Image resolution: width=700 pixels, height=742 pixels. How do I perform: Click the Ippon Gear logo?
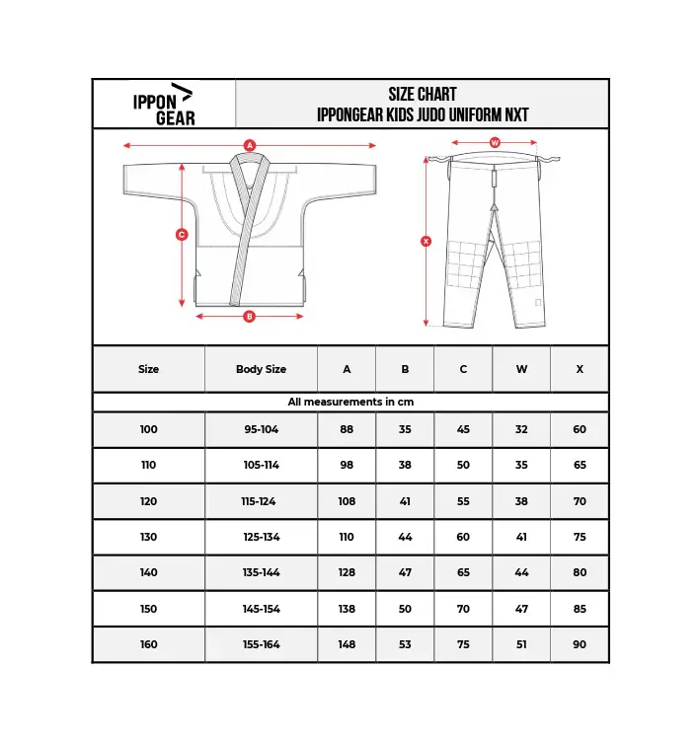[x=163, y=104]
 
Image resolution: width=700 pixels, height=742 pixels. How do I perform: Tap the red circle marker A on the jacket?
[x=250, y=145]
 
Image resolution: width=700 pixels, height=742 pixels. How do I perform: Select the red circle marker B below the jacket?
[x=249, y=317]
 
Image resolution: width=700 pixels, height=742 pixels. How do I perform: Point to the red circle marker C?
[x=182, y=235]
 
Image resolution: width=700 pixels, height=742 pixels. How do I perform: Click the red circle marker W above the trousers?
[x=495, y=143]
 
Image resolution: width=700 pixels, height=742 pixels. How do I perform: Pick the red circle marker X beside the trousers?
[x=427, y=241]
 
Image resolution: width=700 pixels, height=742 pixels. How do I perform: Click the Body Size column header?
[x=261, y=369]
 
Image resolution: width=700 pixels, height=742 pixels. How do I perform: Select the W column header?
[x=521, y=369]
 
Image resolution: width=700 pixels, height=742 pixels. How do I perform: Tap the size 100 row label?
[x=148, y=430]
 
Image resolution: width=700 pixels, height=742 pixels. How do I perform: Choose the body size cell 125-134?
[x=261, y=537]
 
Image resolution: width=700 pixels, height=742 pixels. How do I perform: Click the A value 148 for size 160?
[x=347, y=644]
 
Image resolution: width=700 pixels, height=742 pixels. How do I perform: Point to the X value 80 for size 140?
[x=580, y=572]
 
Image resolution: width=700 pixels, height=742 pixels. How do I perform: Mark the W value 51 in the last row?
[x=521, y=644]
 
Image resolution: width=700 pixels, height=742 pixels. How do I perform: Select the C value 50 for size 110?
[x=463, y=466]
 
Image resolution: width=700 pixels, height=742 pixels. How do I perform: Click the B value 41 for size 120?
[x=405, y=501]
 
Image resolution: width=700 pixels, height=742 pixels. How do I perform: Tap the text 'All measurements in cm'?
[x=350, y=403]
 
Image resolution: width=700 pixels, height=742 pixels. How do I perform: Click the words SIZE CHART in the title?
[x=423, y=95]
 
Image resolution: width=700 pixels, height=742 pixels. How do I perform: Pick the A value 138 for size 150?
[x=347, y=609]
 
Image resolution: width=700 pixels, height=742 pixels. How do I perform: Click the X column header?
[x=580, y=369]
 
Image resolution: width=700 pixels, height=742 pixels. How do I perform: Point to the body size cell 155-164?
[x=261, y=644]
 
